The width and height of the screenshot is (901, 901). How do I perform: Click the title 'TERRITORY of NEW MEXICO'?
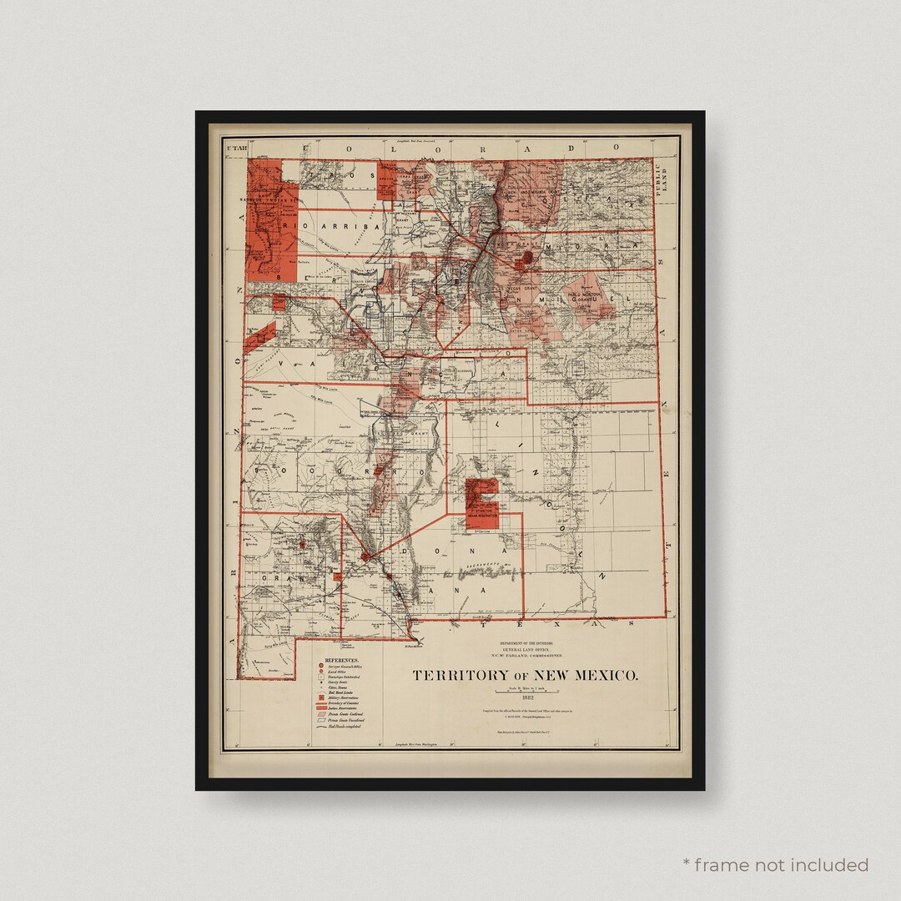pyautogui.click(x=526, y=675)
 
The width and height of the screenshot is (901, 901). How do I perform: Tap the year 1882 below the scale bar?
pyautogui.click(x=526, y=698)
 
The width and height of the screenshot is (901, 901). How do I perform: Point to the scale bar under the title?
pyautogui.click(x=526, y=689)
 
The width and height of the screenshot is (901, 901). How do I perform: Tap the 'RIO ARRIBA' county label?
pyautogui.click(x=318, y=226)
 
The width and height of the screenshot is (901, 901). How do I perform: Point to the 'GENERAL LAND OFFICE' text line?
pyautogui.click(x=526, y=651)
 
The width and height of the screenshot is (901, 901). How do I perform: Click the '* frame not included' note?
pyautogui.click(x=775, y=864)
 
